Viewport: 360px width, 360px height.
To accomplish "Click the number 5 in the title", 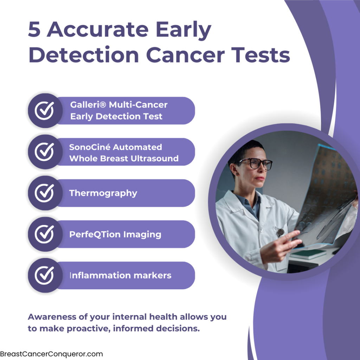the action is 34,29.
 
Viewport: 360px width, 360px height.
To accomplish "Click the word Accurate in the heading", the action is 98,29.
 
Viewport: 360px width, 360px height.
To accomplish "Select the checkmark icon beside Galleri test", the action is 44,111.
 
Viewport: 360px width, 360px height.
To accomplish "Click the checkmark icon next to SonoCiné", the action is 44,152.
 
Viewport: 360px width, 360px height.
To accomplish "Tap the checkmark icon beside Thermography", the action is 44,193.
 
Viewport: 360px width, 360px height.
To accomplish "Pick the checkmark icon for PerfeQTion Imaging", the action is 44,234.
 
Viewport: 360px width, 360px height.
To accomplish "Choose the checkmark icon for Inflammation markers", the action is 44,275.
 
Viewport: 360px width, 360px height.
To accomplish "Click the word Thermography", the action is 103,193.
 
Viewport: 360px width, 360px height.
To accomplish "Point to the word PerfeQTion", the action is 95,234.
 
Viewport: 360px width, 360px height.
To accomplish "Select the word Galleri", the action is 86,105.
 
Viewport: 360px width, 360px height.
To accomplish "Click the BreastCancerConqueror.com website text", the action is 51,354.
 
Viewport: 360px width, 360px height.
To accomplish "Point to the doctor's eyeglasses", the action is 255,163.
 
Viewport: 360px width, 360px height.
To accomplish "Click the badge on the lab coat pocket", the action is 280,232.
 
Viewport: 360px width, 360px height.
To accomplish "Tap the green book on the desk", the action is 308,254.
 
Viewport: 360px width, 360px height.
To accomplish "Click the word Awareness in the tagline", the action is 52,317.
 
